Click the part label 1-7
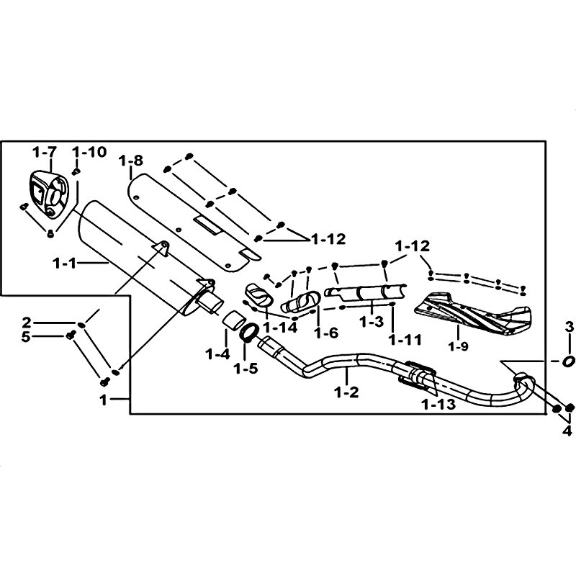[45, 152]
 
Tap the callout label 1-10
[89, 152]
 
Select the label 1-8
[131, 161]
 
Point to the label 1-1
[65, 263]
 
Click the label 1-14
[280, 328]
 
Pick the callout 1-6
[326, 333]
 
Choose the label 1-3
[372, 322]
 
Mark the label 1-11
[405, 340]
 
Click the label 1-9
[459, 346]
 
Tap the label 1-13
[439, 405]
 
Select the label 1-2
[346, 392]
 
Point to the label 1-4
[218, 354]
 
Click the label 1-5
[246, 368]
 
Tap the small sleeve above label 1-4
[233, 318]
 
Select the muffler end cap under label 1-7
[48, 194]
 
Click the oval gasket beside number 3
[568, 361]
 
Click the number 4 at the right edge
[568, 431]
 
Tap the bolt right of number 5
[70, 334]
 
